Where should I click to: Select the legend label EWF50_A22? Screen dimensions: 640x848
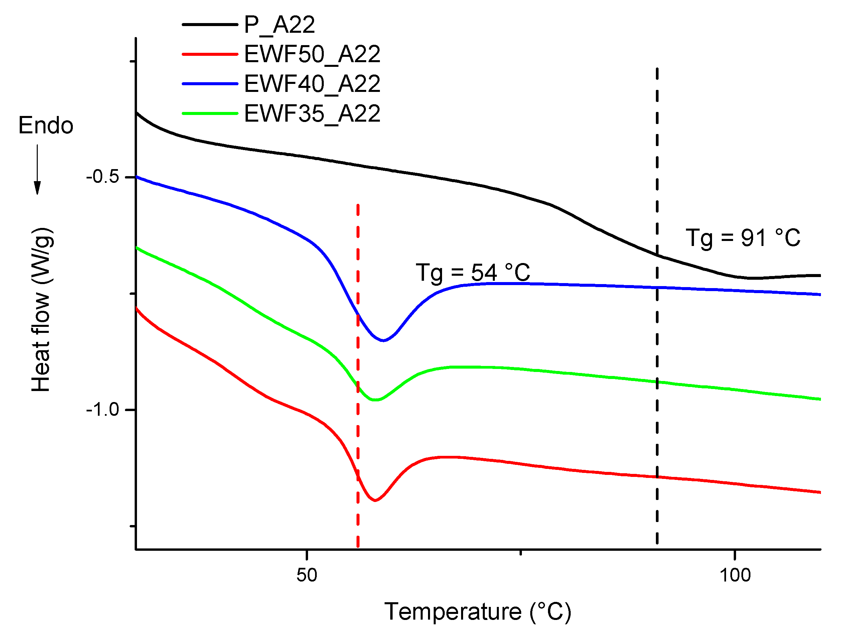point(312,54)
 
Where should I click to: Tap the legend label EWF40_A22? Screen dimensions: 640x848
point(312,84)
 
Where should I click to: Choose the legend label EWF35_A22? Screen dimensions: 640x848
point(312,114)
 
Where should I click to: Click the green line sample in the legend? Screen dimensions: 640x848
point(210,114)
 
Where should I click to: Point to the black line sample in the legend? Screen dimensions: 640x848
point(210,24)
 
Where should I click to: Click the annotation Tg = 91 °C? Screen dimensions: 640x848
point(742,238)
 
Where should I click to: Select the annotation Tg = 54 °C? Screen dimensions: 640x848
point(473,273)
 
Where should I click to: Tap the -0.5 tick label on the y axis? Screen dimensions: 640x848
point(102,177)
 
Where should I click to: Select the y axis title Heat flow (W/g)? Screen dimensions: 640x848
point(41,309)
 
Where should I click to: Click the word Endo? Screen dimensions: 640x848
point(46,125)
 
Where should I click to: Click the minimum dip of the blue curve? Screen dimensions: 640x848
point(383,341)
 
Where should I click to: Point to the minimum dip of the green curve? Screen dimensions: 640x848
point(375,400)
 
